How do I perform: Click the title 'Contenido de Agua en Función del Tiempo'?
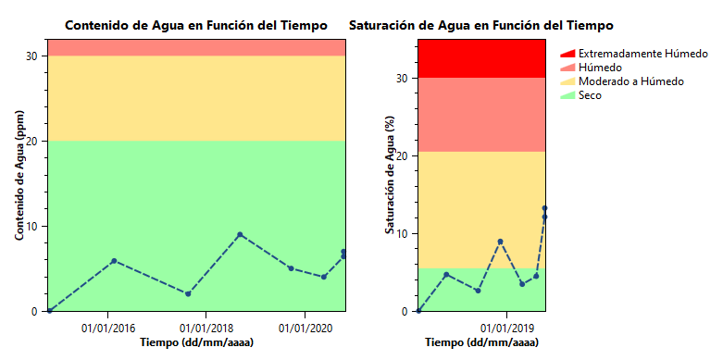195,25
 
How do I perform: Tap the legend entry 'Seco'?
590,95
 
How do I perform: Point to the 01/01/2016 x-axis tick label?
108,328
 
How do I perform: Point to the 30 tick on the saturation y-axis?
403,79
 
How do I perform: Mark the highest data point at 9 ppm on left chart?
240,235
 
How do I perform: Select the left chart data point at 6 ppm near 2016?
114,261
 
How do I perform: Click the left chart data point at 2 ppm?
188,294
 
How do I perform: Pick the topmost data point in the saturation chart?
545,208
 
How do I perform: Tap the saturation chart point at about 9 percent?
501,242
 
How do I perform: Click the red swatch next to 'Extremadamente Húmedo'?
567,54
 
